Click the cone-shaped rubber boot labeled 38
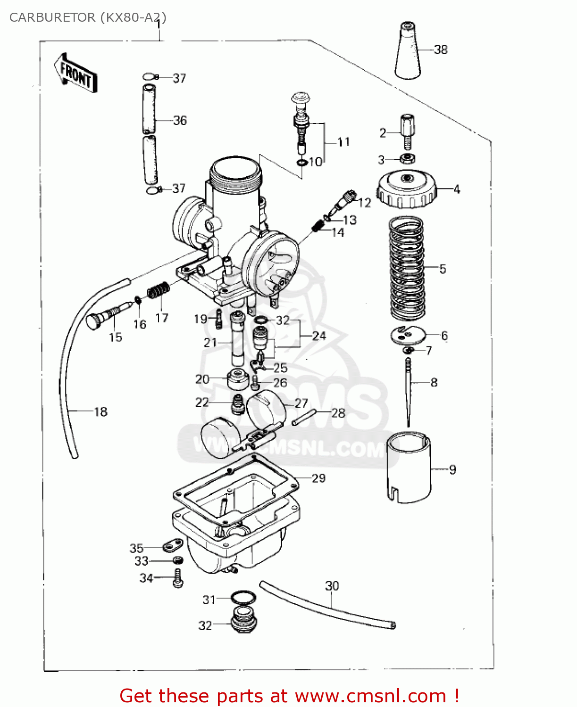coord(407,52)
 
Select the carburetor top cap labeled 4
coord(407,190)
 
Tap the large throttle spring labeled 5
coord(407,267)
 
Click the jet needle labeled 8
coord(409,391)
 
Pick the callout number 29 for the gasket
coord(319,478)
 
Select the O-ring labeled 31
coord(243,598)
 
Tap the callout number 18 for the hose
coord(100,411)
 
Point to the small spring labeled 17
coord(158,291)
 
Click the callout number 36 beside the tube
coord(180,121)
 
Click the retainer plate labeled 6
coord(408,335)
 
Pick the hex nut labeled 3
coord(407,159)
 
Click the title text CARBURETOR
coord(52,17)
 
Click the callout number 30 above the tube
coord(332,586)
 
